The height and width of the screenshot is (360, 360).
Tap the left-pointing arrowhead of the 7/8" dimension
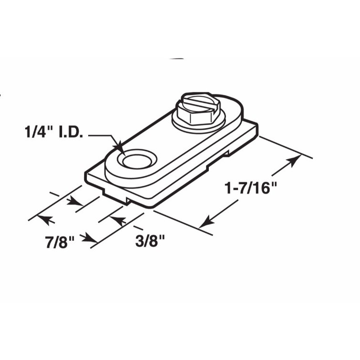point(41,219)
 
